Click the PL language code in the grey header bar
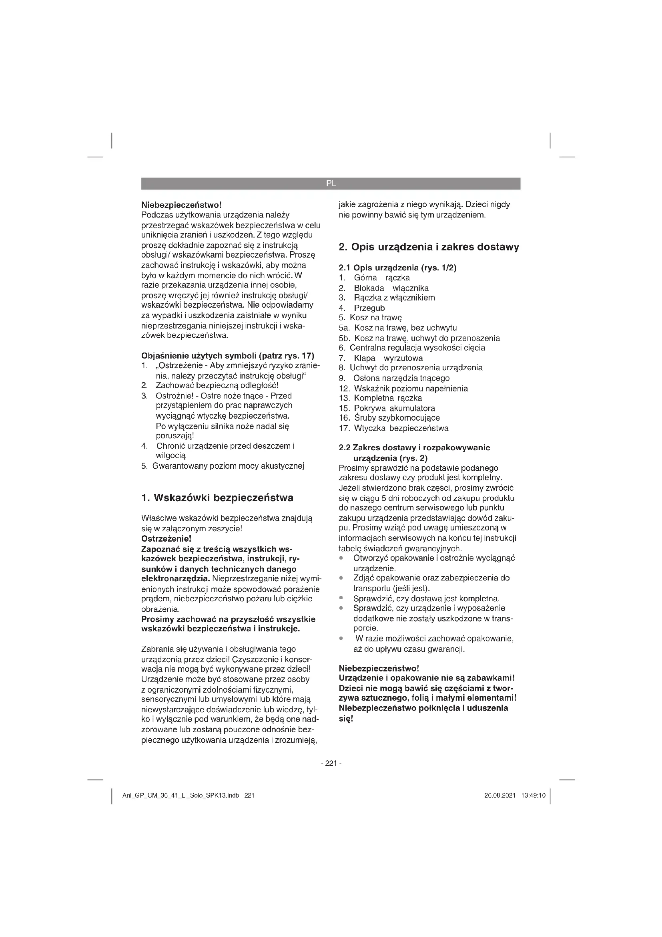pos(331,183)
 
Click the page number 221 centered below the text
pos(331,763)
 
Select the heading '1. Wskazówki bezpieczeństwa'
pos(217,498)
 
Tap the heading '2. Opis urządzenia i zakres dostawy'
pos(429,247)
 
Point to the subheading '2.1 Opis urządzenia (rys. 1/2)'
pos(397,268)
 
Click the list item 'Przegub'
pos(369,308)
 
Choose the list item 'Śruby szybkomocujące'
pos(397,418)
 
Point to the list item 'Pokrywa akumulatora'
pos(394,408)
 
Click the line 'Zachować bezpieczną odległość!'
pos(217,385)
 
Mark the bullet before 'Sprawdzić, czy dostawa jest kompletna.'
pos(341,598)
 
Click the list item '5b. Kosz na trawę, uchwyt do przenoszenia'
pos(419,339)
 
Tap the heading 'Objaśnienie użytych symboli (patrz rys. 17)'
pos(227,355)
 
